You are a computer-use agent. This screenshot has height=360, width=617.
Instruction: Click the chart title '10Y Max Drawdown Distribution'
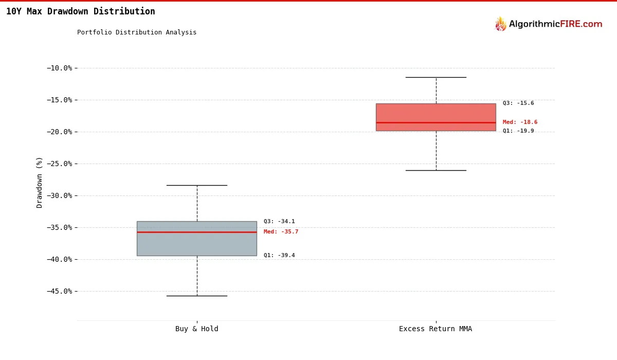tap(80, 11)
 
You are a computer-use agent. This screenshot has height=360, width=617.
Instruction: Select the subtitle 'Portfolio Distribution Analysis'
tap(137, 32)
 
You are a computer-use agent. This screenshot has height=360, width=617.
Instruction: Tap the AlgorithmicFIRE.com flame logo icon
tap(500, 24)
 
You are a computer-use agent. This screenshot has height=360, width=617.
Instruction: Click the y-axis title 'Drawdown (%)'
tap(40, 182)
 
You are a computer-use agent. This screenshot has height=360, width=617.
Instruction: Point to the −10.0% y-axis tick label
tap(62, 68)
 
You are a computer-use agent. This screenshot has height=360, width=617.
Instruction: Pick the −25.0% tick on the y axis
tap(62, 164)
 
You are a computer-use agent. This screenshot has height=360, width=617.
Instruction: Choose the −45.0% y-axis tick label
tap(62, 291)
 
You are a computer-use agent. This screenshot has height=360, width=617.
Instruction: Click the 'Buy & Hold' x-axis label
tap(196, 329)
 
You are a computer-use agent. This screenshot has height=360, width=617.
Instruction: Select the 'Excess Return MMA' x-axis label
tap(435, 329)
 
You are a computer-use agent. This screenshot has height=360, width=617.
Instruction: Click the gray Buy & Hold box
tap(196, 244)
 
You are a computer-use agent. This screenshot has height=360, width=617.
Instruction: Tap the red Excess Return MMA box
tap(435, 113)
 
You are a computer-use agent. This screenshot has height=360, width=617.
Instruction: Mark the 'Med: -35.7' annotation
tap(281, 232)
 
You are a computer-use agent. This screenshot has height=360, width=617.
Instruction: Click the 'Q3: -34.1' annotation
tap(279, 222)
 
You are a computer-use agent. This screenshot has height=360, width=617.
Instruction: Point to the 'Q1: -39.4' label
tap(279, 256)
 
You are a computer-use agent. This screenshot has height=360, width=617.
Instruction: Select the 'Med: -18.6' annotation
tap(520, 122)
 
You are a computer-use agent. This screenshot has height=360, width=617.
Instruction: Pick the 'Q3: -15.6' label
tap(518, 103)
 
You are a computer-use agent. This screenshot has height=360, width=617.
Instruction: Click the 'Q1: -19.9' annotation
tap(518, 131)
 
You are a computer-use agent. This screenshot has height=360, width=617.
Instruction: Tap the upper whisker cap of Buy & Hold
tap(196, 185)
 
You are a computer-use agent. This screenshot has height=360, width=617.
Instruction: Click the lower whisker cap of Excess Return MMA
tap(435, 170)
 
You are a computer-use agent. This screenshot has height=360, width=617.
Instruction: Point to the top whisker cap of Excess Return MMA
tap(435, 77)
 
